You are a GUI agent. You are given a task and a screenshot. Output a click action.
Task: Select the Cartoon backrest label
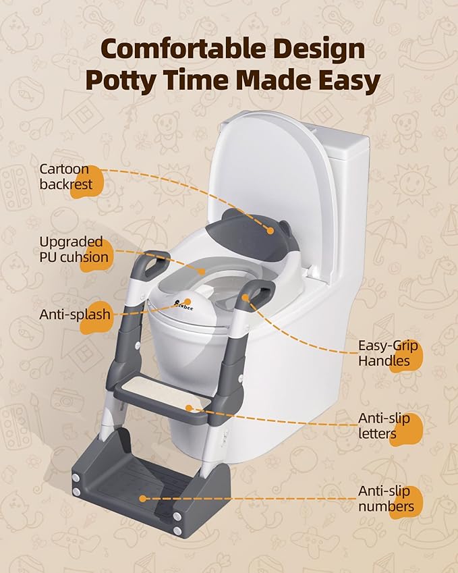65,176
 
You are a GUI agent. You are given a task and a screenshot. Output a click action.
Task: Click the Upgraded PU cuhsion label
73,249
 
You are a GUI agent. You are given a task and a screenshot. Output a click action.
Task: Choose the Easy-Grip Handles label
388,353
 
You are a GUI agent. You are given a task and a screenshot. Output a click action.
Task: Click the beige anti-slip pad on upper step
162,399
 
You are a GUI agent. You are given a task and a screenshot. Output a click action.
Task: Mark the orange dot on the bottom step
142,499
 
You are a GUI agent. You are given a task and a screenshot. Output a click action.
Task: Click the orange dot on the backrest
270,231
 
